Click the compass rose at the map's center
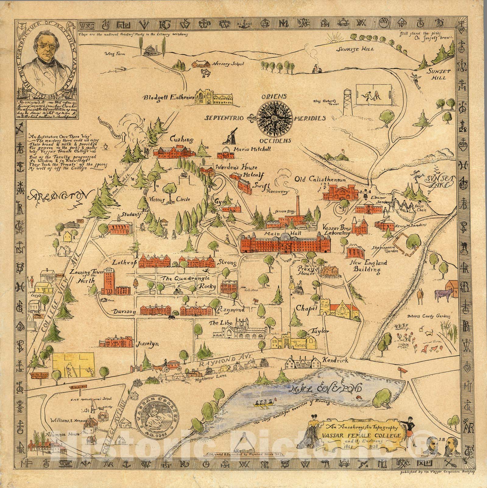(275, 118)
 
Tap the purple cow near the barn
(441, 294)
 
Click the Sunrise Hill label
(351, 49)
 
